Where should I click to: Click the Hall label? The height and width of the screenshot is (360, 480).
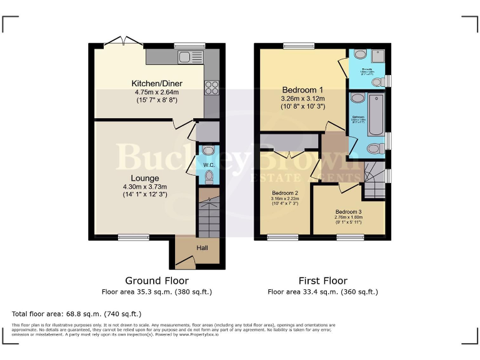coord(202,248)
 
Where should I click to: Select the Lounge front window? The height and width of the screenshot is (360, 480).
coord(129,237)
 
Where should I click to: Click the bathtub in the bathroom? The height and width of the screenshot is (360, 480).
coord(377,114)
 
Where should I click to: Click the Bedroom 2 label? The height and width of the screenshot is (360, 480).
coord(284,193)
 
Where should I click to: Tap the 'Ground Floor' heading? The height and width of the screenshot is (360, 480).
coord(157,281)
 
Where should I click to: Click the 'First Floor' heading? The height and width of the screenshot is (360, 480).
coord(322,281)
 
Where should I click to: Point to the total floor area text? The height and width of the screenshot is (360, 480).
coord(76,313)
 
